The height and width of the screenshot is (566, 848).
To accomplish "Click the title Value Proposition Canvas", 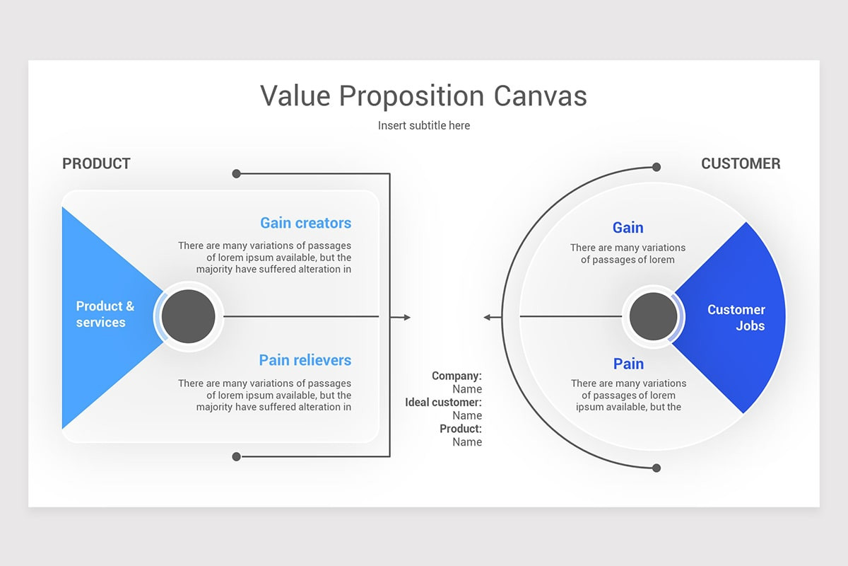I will pyautogui.click(x=423, y=96).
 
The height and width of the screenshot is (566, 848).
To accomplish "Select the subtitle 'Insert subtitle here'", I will pyautogui.click(x=423, y=125).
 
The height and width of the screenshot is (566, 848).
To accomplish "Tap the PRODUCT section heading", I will pyautogui.click(x=96, y=163).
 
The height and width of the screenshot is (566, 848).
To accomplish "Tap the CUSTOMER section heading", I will pyautogui.click(x=741, y=163).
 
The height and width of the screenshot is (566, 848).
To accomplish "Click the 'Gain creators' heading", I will pyautogui.click(x=305, y=223).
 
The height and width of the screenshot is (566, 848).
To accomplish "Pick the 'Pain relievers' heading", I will pyautogui.click(x=305, y=360).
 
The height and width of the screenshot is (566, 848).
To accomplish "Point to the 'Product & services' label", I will pyautogui.click(x=105, y=314).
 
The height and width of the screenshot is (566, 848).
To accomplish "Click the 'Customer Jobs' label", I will pyautogui.click(x=736, y=318).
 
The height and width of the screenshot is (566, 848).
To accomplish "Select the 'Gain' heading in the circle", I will pyautogui.click(x=628, y=227).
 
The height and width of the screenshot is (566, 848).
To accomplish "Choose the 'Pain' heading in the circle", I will pyautogui.click(x=628, y=364).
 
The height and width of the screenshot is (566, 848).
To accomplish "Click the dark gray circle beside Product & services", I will pyautogui.click(x=188, y=316).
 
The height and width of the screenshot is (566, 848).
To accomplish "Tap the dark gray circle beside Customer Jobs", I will pyautogui.click(x=653, y=316).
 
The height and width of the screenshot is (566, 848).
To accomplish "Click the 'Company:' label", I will pyautogui.click(x=457, y=376).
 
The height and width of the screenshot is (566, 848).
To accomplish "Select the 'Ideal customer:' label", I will pyautogui.click(x=443, y=403).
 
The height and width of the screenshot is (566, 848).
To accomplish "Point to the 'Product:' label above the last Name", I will pyautogui.click(x=461, y=429).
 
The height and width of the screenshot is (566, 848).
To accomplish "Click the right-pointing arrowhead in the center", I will pyautogui.click(x=407, y=318).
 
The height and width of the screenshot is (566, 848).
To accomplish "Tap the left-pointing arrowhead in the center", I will pyautogui.click(x=487, y=318).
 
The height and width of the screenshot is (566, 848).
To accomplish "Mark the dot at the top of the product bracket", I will pyautogui.click(x=236, y=173).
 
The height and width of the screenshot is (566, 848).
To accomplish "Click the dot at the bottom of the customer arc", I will pyautogui.click(x=656, y=468).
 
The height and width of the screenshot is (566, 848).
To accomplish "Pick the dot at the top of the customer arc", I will pyautogui.click(x=656, y=167).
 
